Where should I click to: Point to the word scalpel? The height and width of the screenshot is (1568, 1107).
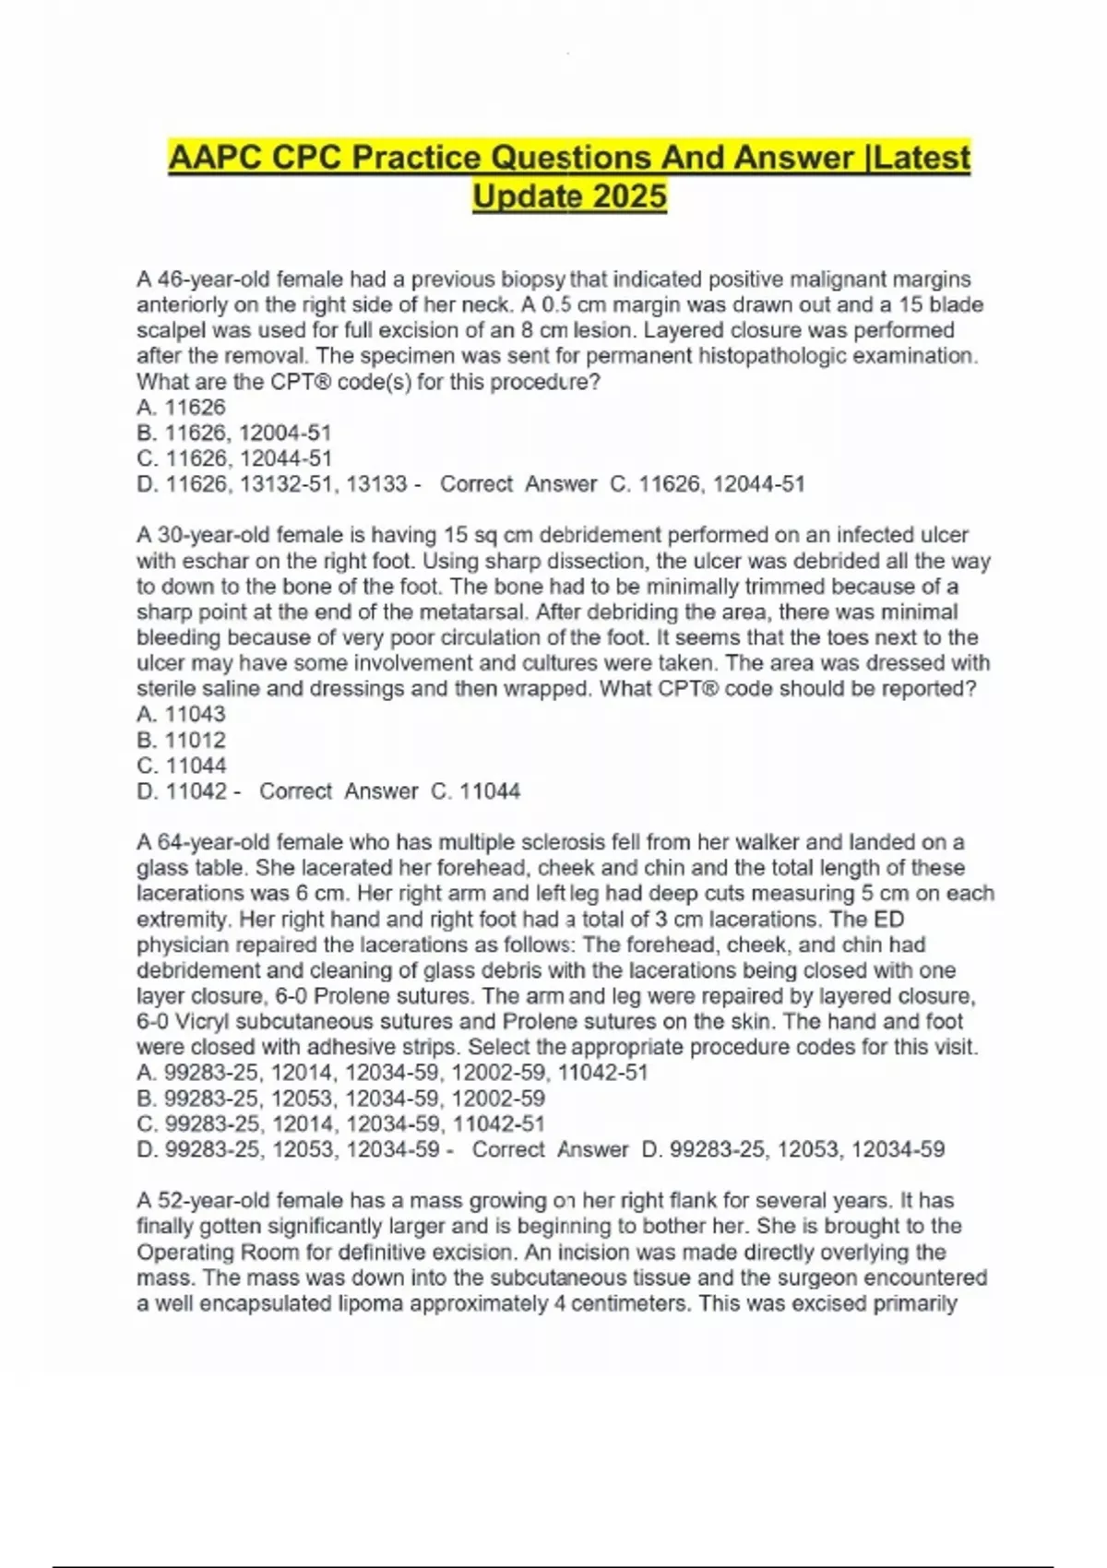pyautogui.click(x=173, y=330)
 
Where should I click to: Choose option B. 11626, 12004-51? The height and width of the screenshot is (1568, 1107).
pyautogui.click(x=234, y=433)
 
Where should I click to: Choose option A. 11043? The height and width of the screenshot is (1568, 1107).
pyautogui.click(x=182, y=714)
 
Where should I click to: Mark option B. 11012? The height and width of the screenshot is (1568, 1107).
pyautogui.click(x=182, y=740)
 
